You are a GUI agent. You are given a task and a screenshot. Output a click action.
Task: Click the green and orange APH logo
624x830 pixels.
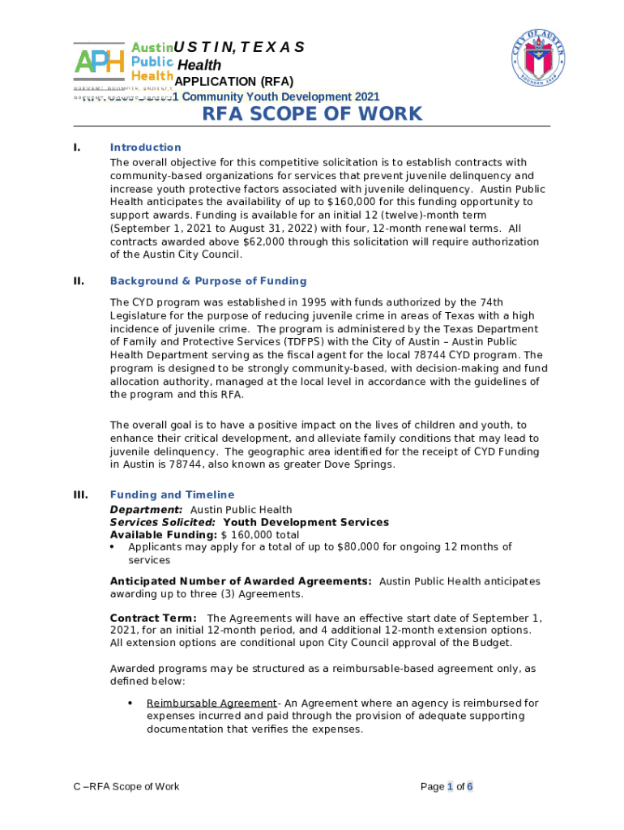coord(99,61)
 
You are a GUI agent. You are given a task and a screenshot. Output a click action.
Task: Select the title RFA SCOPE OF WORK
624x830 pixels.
coord(312,113)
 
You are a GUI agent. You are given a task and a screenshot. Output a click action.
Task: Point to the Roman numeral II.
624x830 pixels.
coord(79,281)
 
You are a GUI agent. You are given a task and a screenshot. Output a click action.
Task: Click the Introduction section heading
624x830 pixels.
coord(146,148)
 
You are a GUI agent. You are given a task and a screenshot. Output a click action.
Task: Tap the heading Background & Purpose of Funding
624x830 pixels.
coord(208,281)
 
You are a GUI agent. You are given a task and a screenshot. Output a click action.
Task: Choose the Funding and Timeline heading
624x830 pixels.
coord(173,495)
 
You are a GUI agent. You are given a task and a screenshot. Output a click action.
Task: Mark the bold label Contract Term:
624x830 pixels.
coord(153,618)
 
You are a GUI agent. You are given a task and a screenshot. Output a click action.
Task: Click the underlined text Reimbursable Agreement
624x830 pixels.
coord(212,704)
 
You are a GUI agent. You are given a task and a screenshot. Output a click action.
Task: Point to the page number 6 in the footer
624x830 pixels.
coord(470,786)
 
